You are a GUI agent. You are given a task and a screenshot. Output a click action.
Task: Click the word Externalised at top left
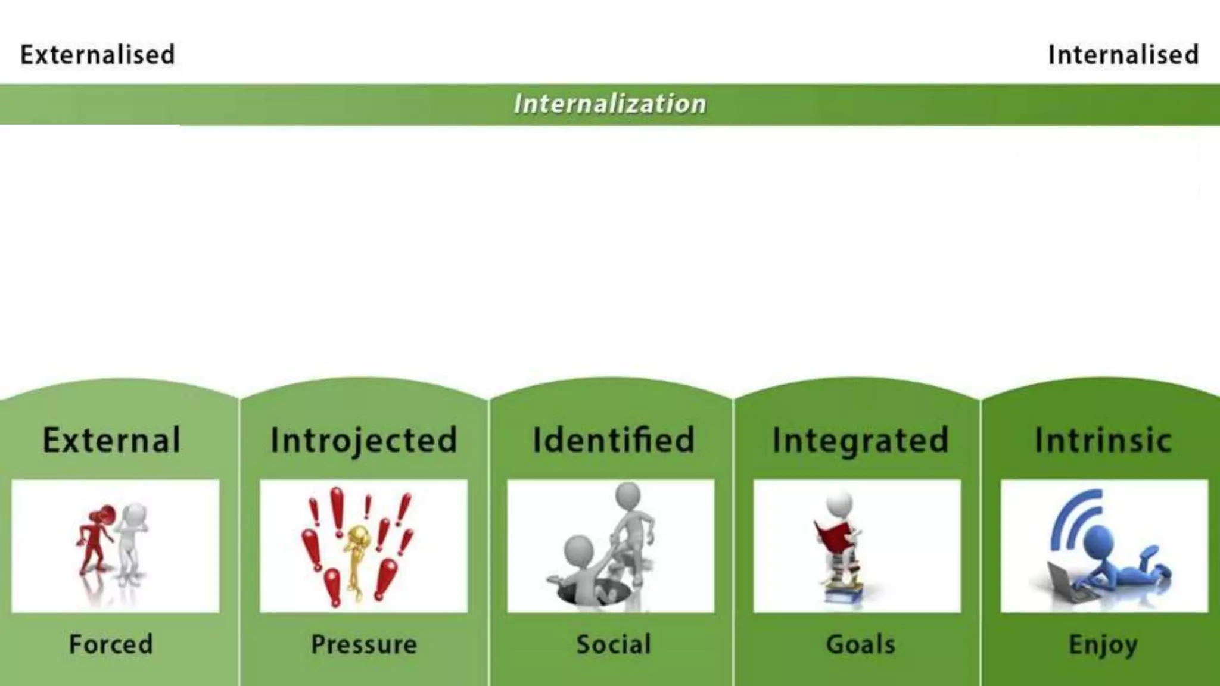coord(98,55)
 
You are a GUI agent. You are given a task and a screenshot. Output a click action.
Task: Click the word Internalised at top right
coord(1123,55)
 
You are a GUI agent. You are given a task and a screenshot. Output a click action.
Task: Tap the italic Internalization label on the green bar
coord(610,104)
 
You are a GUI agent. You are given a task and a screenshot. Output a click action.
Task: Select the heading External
coord(111,440)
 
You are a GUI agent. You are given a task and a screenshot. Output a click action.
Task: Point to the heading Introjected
coord(364,440)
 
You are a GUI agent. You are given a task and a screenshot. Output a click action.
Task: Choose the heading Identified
coord(614,440)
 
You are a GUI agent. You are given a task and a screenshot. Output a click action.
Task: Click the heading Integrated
coord(860,440)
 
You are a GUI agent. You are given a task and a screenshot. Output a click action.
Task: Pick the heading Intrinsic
coord(1103,440)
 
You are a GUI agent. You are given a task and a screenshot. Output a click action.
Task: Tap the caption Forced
coord(111,644)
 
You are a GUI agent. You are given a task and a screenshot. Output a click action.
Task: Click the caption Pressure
coord(364,644)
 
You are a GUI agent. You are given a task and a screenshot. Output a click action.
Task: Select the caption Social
coord(614,644)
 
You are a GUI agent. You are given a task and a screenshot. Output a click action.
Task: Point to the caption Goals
coord(860,644)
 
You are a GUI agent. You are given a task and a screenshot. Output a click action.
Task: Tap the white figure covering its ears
coord(132,542)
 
